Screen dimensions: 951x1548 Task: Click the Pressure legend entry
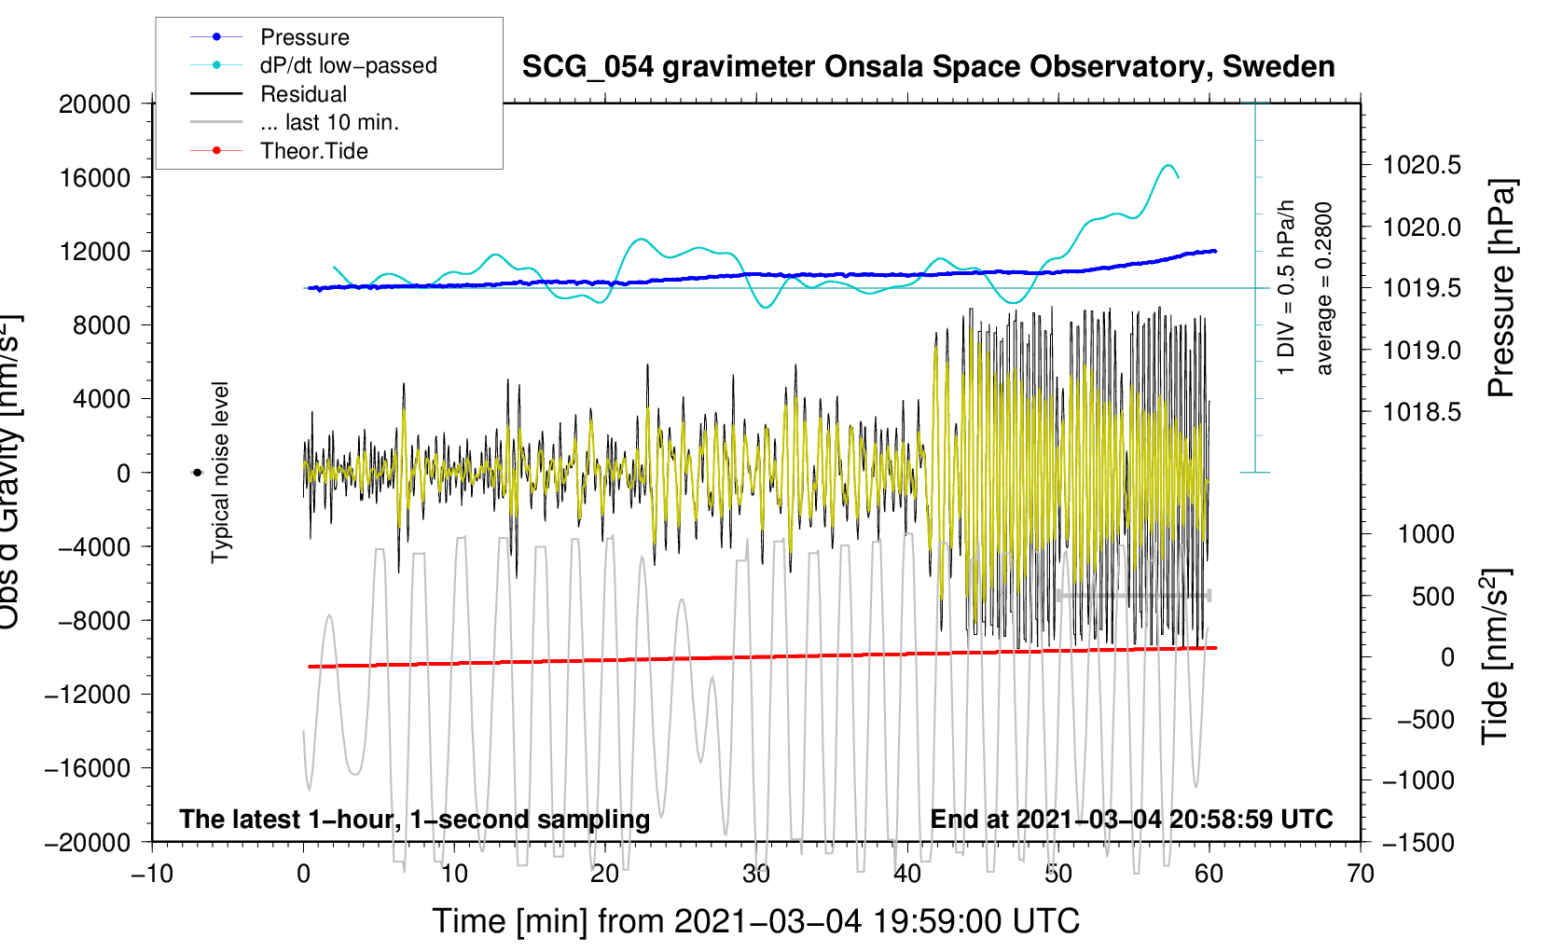click(x=304, y=37)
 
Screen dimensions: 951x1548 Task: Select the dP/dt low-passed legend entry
click(x=348, y=65)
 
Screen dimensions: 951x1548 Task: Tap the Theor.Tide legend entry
click(x=313, y=151)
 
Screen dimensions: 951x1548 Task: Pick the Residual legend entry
click(x=303, y=94)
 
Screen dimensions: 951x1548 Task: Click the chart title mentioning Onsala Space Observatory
click(x=928, y=67)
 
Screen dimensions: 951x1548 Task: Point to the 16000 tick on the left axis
click(x=95, y=178)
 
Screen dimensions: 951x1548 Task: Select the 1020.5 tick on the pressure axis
click(x=1422, y=166)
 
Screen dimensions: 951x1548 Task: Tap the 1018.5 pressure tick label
click(x=1422, y=412)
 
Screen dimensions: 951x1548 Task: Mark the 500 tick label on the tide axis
click(x=1432, y=597)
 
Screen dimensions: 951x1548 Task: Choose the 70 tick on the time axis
click(x=1361, y=874)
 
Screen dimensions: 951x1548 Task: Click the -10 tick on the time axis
click(x=152, y=874)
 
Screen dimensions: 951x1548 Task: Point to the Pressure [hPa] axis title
click(x=1501, y=289)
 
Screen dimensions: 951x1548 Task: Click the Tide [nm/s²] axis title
click(x=1496, y=657)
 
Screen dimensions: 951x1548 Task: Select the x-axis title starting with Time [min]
click(x=756, y=921)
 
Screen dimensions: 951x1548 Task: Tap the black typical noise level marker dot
click(x=197, y=473)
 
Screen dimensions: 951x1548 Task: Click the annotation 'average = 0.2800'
click(x=1324, y=289)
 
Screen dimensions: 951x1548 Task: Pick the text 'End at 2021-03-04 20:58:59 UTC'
click(x=1131, y=819)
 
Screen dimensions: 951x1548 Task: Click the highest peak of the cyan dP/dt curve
click(x=1168, y=166)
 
